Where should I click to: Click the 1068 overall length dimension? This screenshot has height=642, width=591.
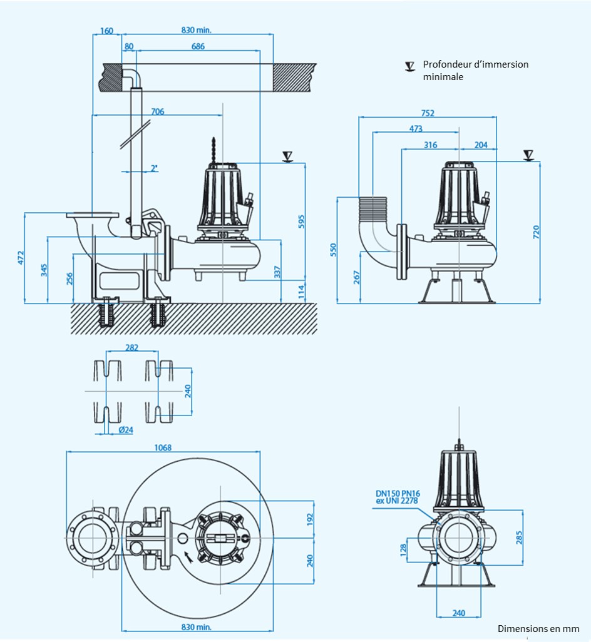(x=163, y=447)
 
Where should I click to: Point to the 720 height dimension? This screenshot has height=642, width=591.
(x=535, y=232)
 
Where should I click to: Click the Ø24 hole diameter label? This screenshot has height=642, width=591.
(x=125, y=430)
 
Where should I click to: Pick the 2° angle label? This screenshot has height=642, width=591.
(x=154, y=168)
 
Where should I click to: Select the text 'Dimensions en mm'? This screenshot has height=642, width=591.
(x=538, y=628)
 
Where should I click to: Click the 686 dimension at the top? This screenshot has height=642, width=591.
(x=198, y=46)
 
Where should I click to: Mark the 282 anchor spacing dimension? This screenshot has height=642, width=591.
(x=131, y=348)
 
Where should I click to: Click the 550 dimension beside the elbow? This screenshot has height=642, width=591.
(x=333, y=250)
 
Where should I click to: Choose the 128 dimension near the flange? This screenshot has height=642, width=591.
(x=403, y=549)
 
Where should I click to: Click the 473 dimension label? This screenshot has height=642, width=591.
(x=416, y=129)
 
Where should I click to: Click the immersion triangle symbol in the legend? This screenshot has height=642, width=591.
(x=410, y=66)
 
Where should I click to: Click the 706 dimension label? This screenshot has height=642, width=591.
(x=158, y=111)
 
